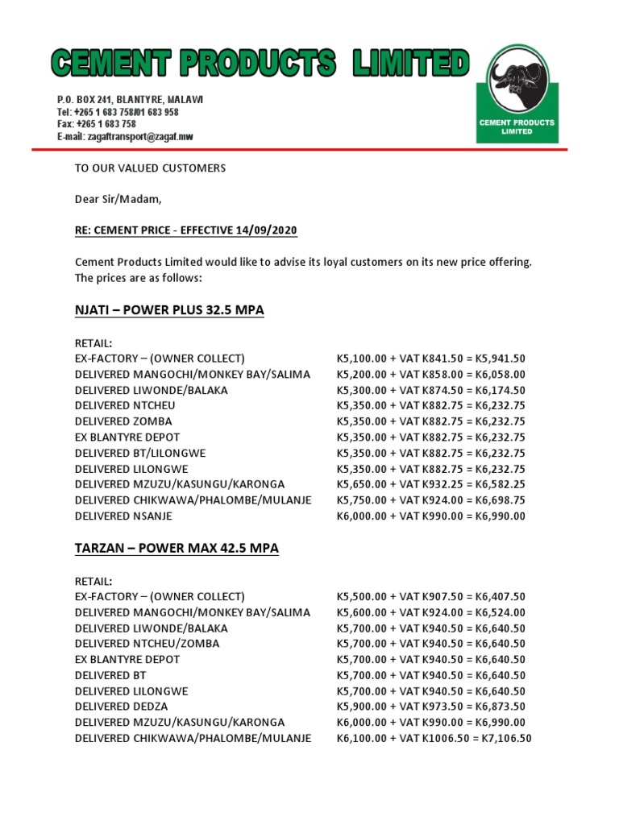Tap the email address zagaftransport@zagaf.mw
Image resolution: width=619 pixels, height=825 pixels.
click(125, 137)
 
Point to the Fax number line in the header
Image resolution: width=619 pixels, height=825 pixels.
click(96, 124)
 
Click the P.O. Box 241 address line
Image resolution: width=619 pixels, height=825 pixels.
click(130, 99)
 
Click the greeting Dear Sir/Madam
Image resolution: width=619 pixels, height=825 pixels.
click(112, 199)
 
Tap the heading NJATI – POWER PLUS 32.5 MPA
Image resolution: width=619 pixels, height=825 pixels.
click(169, 310)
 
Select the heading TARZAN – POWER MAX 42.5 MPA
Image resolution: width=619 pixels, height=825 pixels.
click(177, 548)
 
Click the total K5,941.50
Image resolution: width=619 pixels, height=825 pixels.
click(498, 359)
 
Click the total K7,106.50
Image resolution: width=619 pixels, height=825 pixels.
click(505, 738)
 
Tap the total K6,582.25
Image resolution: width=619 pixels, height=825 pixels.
click(498, 484)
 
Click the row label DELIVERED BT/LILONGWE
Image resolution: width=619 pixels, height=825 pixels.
click(140, 453)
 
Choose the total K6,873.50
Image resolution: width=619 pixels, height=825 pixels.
click(498, 707)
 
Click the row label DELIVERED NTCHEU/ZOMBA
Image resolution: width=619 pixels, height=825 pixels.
click(147, 644)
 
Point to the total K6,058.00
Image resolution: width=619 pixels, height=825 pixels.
click(498, 375)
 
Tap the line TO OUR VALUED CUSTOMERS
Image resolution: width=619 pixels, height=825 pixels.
click(150, 168)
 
